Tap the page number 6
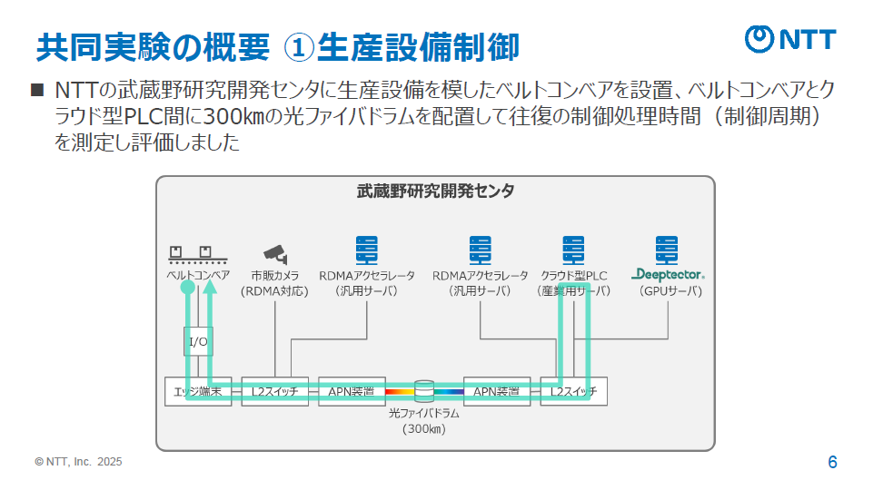832,462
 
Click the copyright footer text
78,462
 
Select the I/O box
198,342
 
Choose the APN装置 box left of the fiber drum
352,391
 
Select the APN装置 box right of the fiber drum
497,391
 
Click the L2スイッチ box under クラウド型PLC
573,391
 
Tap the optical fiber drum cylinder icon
424,391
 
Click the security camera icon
275,251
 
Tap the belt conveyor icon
197,255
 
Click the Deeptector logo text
670,274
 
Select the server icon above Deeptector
669,249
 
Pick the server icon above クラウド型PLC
573,249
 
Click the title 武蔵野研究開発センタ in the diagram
435,191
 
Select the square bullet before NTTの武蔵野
37,91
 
